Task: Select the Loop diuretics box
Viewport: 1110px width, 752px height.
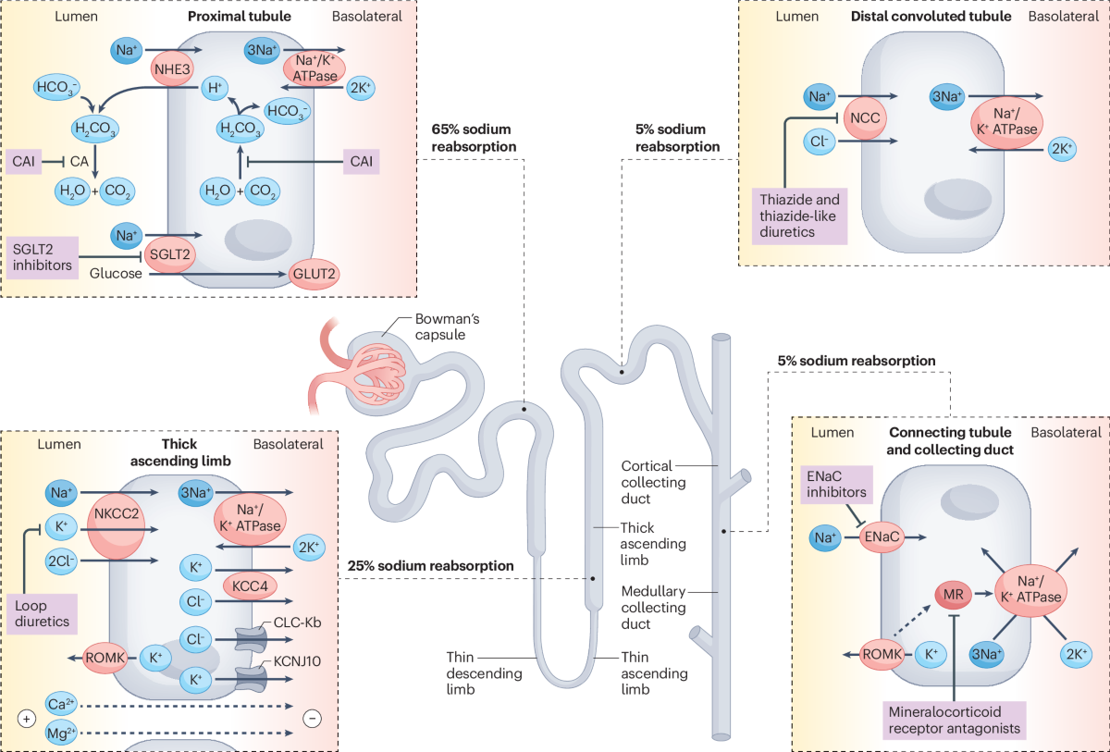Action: [x=43, y=612]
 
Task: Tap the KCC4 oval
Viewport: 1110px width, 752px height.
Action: [x=251, y=585]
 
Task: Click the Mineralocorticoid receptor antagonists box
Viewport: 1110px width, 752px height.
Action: [x=952, y=720]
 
